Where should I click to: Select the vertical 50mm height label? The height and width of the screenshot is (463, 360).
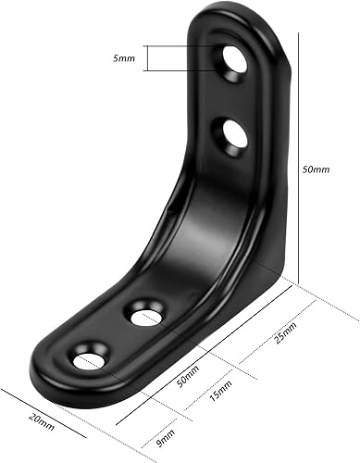pyautogui.click(x=316, y=170)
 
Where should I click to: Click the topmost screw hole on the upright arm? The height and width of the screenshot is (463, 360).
pyautogui.click(x=233, y=65)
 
